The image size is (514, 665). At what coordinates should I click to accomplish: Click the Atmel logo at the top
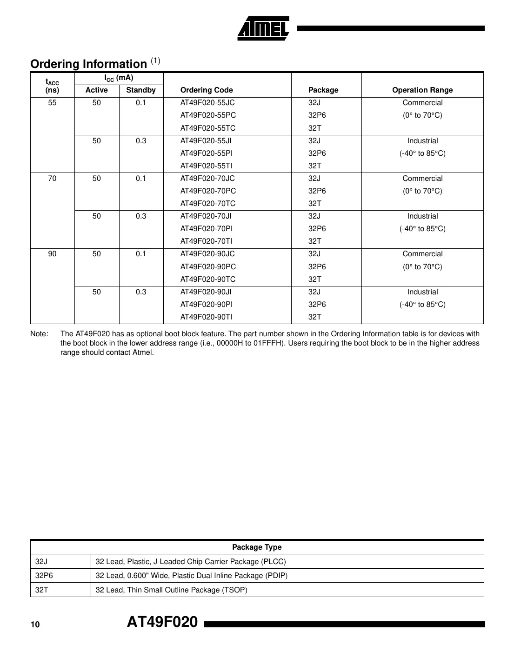263,29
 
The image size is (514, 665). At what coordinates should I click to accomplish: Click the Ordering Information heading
88,64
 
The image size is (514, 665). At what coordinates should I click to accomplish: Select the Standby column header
140,90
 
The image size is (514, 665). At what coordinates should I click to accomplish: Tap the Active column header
96,90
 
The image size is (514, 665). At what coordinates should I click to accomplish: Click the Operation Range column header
422,90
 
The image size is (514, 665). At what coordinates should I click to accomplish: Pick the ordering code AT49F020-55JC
207,103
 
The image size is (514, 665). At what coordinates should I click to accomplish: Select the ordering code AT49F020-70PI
207,229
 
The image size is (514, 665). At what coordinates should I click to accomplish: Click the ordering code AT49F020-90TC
207,279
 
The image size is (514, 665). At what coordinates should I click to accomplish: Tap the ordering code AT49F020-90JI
206,292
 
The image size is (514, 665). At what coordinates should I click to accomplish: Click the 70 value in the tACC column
52,179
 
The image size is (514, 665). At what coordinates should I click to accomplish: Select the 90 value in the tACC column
52,254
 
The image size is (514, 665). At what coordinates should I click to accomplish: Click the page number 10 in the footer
35,625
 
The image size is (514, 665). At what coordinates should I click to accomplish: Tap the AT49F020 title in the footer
162,622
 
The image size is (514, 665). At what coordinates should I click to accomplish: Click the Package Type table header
257,547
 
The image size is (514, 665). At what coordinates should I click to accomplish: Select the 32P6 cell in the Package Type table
44,576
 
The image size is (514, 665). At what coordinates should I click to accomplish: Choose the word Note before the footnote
39,334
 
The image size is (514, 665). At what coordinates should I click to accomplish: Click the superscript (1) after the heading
155,61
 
